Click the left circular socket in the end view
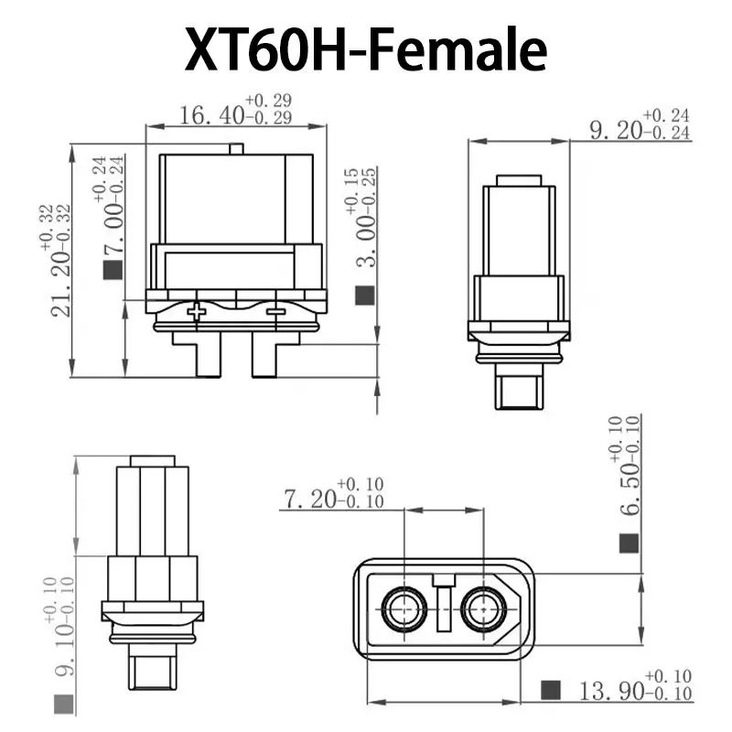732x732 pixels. point(404,609)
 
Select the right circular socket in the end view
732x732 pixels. point(483,609)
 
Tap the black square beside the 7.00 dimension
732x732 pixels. point(113,270)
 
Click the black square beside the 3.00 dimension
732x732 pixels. point(364,295)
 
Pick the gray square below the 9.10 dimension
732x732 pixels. point(63,704)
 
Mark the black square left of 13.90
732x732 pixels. point(551,690)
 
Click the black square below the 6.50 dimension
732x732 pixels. point(628,544)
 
